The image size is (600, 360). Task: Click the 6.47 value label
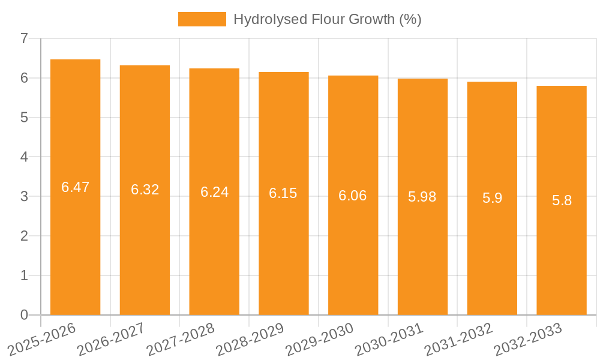pos(75,187)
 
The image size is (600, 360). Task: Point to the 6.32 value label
pos(145,190)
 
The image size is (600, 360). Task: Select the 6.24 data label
pos(214,192)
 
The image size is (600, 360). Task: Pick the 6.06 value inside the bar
pos(353,196)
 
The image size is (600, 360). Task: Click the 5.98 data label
pos(422,197)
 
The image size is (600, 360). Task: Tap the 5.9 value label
pos(492,198)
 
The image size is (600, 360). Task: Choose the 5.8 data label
pos(562,200)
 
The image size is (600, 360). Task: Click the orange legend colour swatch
pos(202,19)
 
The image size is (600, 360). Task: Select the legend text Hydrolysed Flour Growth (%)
pos(327,19)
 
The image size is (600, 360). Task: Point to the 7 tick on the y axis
pos(24,39)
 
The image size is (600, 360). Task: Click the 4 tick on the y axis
pos(24,157)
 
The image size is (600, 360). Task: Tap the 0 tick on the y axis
pos(24,315)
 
